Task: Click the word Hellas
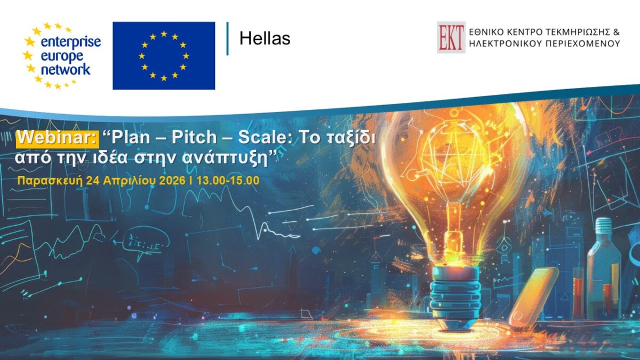coord(265,38)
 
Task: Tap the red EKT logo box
coord(451,37)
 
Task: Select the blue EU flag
coord(164,55)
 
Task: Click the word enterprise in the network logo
coord(71,42)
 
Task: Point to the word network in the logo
coord(66,69)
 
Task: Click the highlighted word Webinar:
coord(58,138)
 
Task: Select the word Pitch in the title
coord(194,137)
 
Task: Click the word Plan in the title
coord(131,138)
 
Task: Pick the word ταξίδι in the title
coord(351,138)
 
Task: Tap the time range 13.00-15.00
coord(228,181)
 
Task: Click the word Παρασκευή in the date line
coord(50,181)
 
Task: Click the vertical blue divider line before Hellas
coord(227,38)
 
